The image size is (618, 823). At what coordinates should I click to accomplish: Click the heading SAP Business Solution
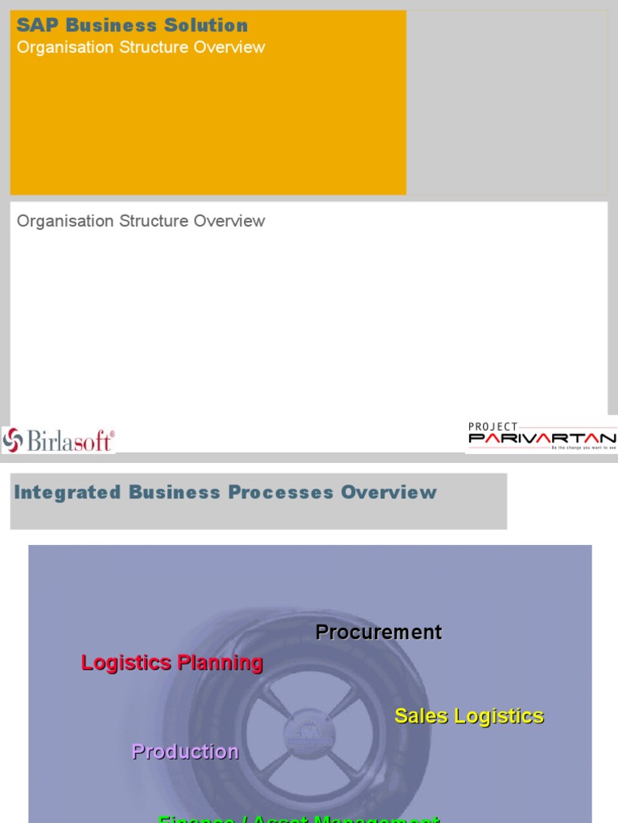coord(132,26)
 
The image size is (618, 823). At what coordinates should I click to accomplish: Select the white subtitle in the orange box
coord(141,47)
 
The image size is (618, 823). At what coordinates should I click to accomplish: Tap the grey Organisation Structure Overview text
coord(141,221)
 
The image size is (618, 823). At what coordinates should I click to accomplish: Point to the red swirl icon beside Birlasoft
coord(13,440)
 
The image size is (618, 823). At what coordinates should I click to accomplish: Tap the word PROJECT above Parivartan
coord(493,427)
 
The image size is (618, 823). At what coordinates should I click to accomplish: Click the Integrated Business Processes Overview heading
coord(225,493)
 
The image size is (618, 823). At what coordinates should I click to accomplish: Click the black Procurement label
coord(378,633)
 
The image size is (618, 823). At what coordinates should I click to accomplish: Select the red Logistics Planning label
coord(172,663)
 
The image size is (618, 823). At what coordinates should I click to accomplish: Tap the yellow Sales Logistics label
coord(469,716)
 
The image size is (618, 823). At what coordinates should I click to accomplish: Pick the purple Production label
coord(185,751)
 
